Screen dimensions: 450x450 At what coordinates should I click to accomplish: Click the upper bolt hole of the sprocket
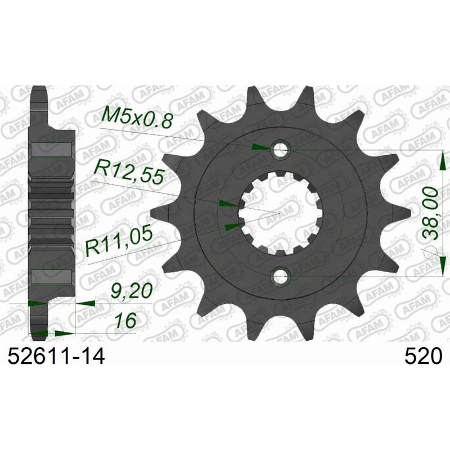(281, 150)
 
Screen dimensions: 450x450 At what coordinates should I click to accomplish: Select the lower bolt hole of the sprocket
(281, 276)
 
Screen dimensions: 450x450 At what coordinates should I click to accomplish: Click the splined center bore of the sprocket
(280, 213)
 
